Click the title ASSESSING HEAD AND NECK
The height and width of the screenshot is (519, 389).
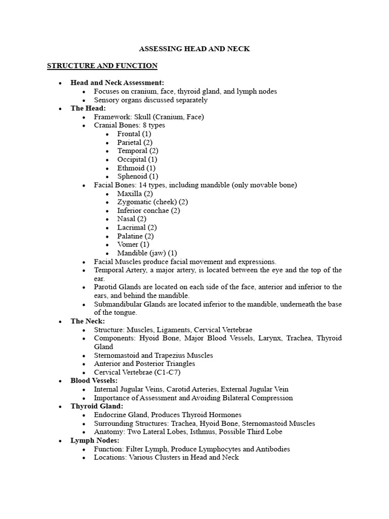coord(194,49)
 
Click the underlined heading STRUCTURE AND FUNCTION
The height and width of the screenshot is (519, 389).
coord(102,66)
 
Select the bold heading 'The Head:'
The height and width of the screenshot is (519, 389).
coord(88,108)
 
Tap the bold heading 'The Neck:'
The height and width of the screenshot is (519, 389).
coord(88,321)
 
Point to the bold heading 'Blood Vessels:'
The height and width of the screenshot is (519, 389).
coord(94,381)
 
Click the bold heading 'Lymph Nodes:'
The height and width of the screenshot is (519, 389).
coord(95,440)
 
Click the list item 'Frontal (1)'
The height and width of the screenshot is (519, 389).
coord(134,134)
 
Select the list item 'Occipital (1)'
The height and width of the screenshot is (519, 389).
coord(137,159)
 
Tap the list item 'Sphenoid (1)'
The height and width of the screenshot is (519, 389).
coord(138,176)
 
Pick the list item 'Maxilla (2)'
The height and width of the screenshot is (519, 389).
coord(135,194)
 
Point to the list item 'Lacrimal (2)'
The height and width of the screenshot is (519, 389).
coord(137,228)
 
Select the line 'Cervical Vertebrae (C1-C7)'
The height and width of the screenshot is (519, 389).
coord(137,372)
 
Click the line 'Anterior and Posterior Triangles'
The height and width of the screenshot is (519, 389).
coord(144,363)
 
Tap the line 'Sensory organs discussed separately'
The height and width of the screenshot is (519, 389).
coord(150,100)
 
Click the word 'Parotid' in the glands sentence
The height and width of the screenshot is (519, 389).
coord(105,287)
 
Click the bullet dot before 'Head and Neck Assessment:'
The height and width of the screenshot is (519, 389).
coord(60,83)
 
